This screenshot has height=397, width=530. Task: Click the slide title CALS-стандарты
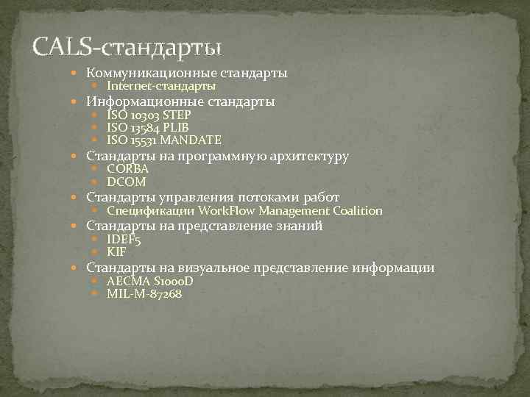coord(127,47)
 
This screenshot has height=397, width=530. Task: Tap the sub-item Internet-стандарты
coord(161,87)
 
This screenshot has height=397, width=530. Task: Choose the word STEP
coord(178,115)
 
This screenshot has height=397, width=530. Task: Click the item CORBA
coord(127,168)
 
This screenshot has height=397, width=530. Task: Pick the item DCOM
coord(126,182)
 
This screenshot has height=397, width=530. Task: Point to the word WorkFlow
coord(223,211)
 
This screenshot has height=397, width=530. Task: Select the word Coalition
coord(358,211)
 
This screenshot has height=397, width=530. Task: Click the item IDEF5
coord(124,239)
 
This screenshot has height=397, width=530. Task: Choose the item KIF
coord(116,252)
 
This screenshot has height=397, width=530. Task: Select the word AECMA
coord(129,281)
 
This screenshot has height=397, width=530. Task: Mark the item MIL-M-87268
coord(144,293)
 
